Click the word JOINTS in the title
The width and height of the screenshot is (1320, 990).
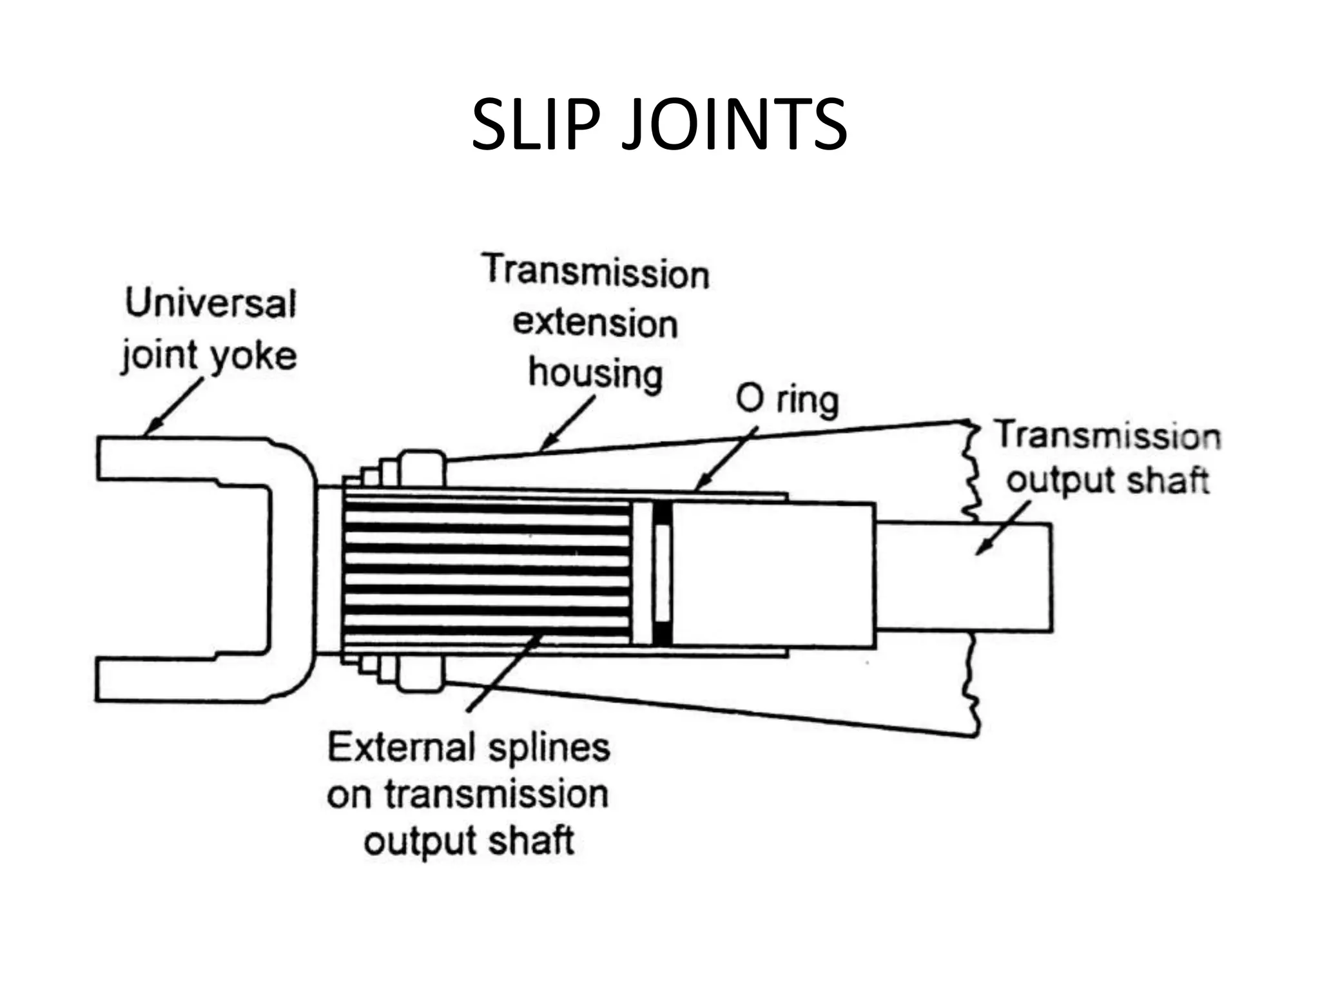734,125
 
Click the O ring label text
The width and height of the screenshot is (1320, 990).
787,400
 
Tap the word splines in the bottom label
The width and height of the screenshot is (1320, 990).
548,748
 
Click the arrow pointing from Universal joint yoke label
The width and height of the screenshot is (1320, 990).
174,407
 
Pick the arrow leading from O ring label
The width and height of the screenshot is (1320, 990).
727,458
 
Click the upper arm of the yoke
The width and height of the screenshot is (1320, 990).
180,459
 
